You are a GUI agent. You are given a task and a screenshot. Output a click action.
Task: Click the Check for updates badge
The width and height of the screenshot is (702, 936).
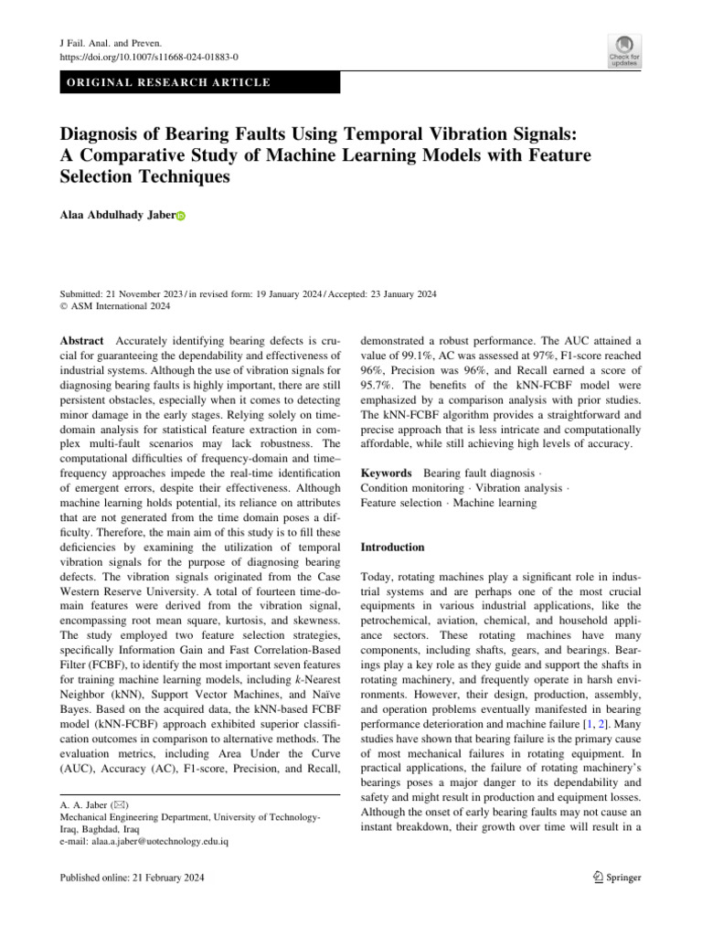click(623, 50)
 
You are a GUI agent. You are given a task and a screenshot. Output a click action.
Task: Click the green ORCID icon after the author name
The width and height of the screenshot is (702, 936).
click(180, 217)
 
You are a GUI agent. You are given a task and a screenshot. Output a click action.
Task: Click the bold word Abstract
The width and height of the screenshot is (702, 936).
click(81, 338)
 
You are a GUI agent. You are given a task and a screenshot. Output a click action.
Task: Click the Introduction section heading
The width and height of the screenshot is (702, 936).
click(393, 548)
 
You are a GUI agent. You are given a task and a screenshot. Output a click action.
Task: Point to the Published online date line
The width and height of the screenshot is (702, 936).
click(132, 877)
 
